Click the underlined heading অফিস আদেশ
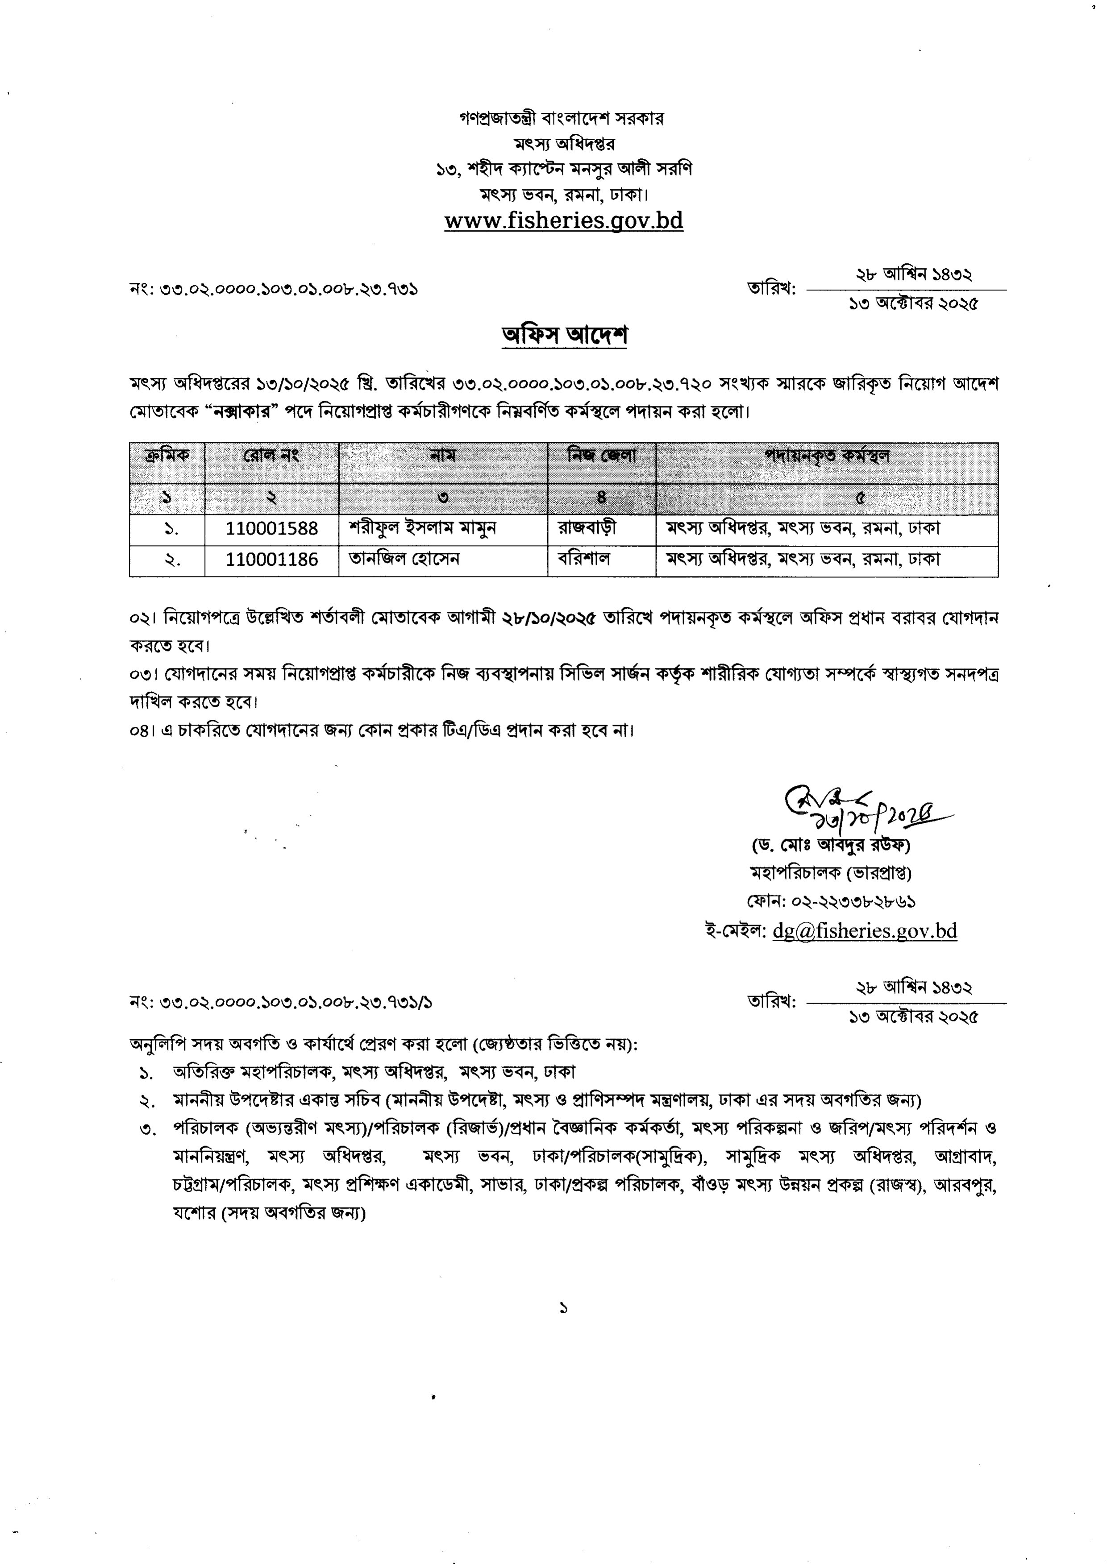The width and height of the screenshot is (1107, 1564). click(x=564, y=335)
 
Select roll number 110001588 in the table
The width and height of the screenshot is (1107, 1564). click(x=271, y=529)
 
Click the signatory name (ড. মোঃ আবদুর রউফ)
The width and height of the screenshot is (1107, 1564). click(x=831, y=845)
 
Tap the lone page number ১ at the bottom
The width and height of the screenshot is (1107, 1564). click(x=563, y=1308)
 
